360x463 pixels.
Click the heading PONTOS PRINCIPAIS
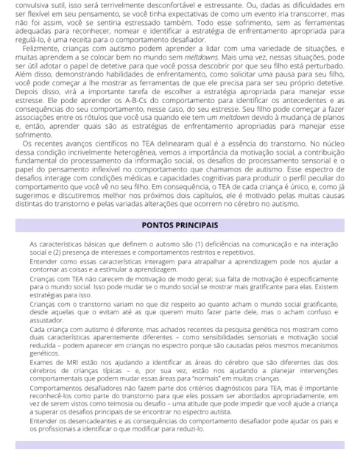[179, 224]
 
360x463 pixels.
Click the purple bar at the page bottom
[179, 445]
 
